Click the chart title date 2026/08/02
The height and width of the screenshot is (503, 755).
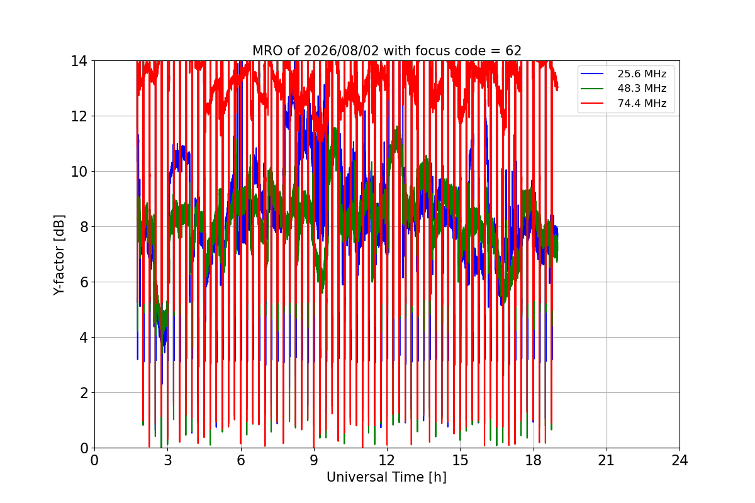342,51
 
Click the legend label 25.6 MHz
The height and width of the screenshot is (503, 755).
642,74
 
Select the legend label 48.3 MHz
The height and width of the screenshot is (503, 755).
642,88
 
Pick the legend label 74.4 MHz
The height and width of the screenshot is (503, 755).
642,103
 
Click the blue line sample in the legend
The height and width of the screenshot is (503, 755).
592,74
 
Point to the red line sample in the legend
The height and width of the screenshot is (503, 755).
592,103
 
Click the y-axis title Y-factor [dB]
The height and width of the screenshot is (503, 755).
59,255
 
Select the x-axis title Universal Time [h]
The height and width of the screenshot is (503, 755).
386,477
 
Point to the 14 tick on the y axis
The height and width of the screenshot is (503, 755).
79,62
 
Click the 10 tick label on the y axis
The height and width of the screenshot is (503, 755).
79,172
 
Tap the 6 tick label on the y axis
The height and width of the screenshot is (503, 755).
84,282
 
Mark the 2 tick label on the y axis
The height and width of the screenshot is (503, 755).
84,393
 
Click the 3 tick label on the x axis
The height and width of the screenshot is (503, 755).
168,460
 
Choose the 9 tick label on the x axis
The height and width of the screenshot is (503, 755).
314,460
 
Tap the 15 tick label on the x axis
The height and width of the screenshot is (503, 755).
461,460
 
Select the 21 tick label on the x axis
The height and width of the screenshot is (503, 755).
607,460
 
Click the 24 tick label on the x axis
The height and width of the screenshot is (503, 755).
679,460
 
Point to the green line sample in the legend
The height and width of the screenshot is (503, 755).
592,88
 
